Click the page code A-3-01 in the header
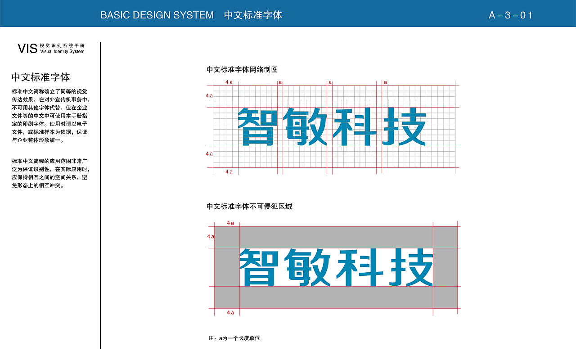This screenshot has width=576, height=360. tap(510, 15)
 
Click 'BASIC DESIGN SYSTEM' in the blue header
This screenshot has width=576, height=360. tap(157, 15)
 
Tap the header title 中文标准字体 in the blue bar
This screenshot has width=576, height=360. tap(253, 15)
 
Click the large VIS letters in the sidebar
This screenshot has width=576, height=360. tap(27, 49)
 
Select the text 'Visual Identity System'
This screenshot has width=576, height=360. tap(62, 51)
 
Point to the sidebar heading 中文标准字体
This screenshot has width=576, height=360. tap(40, 77)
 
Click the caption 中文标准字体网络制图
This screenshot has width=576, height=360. tap(242, 70)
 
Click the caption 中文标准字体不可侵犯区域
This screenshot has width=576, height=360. tap(249, 206)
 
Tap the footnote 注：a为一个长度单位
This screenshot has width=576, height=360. tap(234, 338)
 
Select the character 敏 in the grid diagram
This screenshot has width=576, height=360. tap(305, 127)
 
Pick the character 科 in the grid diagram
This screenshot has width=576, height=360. tap(355, 127)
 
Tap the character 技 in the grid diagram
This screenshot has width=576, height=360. tap(404, 127)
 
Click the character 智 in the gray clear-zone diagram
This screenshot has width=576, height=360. tap(259, 267)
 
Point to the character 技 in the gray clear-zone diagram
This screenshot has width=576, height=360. tap(411, 267)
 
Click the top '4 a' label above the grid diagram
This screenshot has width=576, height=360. tap(229, 82)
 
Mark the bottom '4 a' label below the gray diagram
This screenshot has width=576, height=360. tap(230, 313)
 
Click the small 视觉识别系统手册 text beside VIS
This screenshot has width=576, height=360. tap(62, 45)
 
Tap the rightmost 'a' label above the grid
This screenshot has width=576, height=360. tap(385, 82)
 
